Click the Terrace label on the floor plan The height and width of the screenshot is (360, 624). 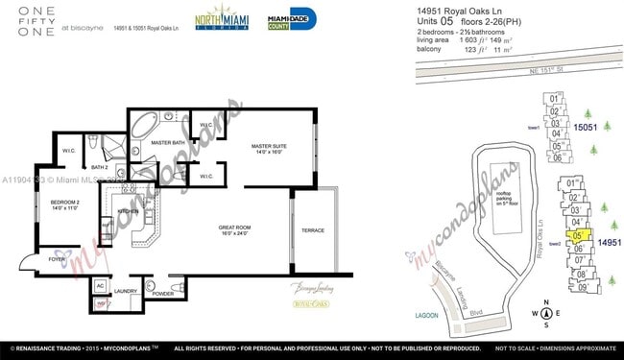pyautogui.click(x=313, y=230)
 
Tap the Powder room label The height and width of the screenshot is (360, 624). pyautogui.click(x=163, y=294)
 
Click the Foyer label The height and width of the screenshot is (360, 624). pyautogui.click(x=58, y=258)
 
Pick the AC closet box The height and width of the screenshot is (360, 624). pyautogui.click(x=101, y=285)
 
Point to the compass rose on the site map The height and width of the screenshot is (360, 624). pyautogui.click(x=545, y=313)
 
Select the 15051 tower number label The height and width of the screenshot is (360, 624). pyautogui.click(x=586, y=127)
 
